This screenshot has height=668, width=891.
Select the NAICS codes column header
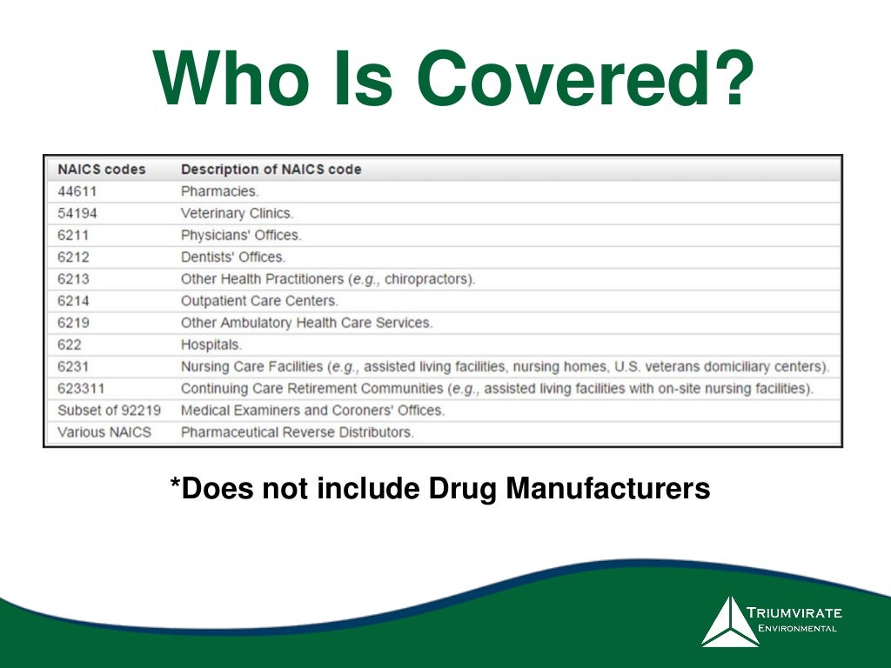101,169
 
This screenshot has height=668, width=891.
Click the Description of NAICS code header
271,169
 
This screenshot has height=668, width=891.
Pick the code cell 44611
77,190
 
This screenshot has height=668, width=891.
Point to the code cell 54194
77,213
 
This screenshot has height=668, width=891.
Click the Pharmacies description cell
219,190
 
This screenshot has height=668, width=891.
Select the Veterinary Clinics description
237,213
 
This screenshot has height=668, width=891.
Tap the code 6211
73,235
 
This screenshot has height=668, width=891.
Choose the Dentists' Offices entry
232,257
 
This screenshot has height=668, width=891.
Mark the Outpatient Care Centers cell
259,301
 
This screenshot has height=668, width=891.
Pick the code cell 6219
73,323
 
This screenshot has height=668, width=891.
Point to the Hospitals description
211,344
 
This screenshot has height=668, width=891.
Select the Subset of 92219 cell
109,411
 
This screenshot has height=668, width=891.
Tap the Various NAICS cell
104,432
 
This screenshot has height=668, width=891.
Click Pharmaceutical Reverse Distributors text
297,432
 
